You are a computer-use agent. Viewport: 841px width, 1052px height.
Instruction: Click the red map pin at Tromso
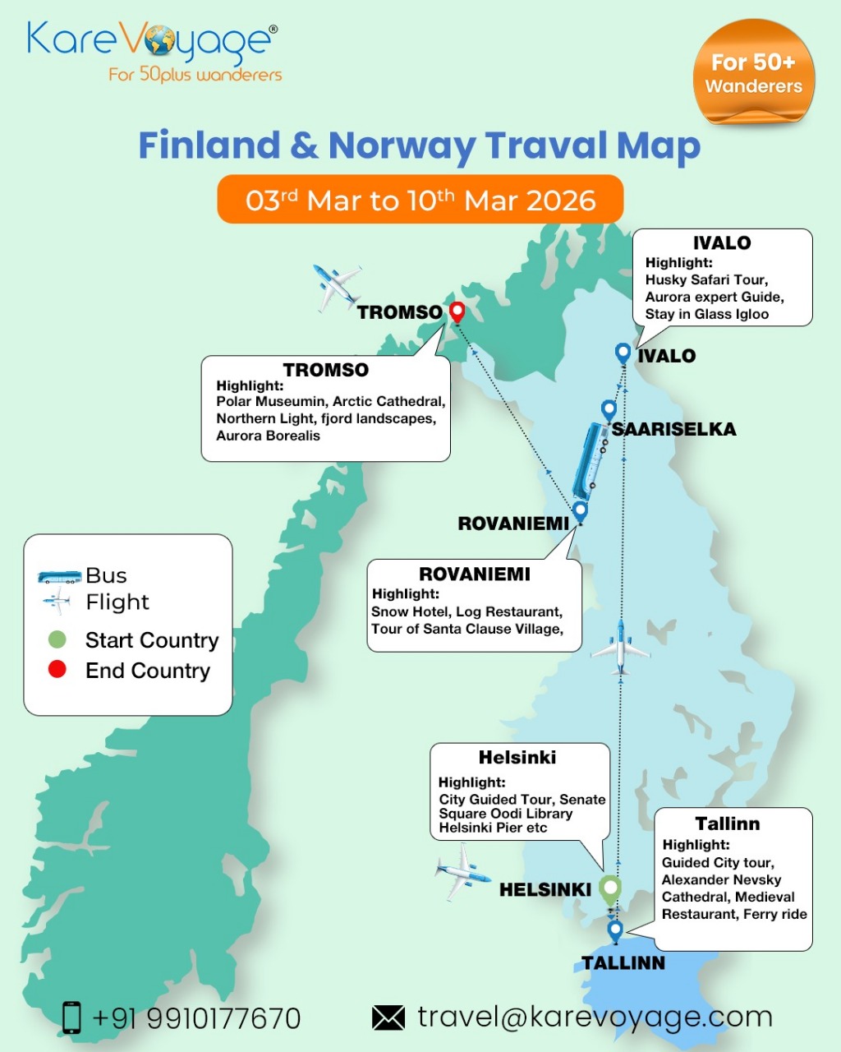pyautogui.click(x=457, y=311)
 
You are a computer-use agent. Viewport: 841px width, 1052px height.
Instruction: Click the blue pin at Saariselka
pyautogui.click(x=609, y=409)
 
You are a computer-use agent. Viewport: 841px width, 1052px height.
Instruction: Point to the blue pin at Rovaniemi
pyautogui.click(x=581, y=510)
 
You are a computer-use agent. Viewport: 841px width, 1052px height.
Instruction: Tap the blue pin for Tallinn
pyautogui.click(x=615, y=930)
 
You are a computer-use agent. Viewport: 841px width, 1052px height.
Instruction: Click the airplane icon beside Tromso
pyautogui.click(x=337, y=287)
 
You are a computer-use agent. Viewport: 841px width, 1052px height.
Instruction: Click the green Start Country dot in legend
pyautogui.click(x=57, y=639)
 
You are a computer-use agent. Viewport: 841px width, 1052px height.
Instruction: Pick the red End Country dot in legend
pyautogui.click(x=57, y=670)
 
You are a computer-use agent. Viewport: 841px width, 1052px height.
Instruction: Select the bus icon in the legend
pyautogui.click(x=59, y=576)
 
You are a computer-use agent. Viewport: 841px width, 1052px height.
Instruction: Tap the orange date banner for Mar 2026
pyautogui.click(x=420, y=200)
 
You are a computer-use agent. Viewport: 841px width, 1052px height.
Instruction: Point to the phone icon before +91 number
pyautogui.click(x=72, y=1017)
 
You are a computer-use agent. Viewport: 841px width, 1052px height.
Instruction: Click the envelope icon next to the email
pyautogui.click(x=388, y=1017)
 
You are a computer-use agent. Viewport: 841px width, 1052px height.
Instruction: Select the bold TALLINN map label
pyautogui.click(x=623, y=963)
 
